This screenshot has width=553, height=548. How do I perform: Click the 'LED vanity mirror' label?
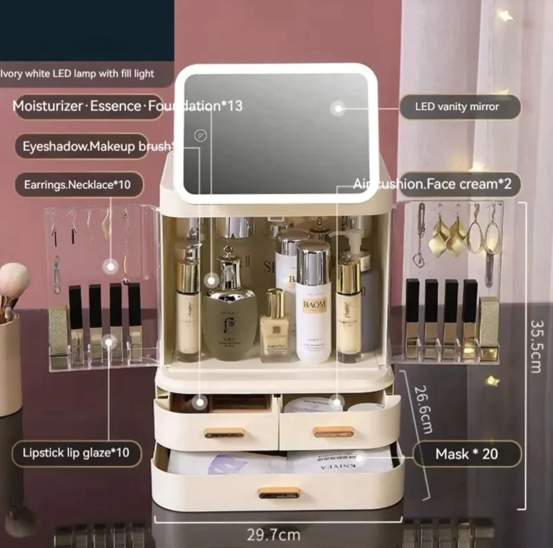(457, 107)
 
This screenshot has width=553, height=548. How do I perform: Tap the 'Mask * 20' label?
(467, 454)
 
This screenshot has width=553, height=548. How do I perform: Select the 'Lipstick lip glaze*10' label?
(76, 452)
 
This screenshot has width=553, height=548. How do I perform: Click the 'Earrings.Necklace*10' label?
(77, 184)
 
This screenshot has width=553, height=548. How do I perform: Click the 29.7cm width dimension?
(273, 534)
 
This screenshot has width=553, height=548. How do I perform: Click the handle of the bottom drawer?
(278, 494)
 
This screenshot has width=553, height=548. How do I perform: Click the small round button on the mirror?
(200, 135)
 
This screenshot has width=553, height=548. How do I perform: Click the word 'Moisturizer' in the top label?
(48, 106)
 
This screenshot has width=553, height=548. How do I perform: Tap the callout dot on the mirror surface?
(338, 108)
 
